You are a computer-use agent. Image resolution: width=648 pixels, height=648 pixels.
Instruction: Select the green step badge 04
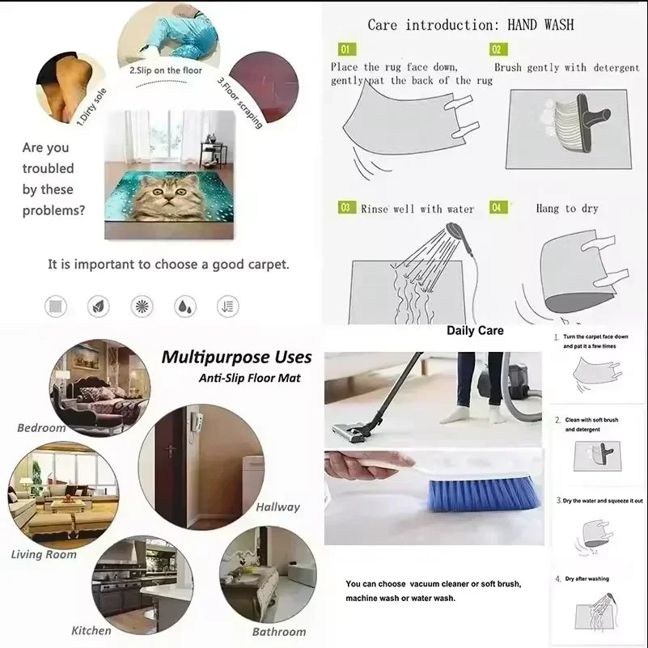tap(499, 208)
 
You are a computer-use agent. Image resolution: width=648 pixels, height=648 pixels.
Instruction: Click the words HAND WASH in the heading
tap(540, 25)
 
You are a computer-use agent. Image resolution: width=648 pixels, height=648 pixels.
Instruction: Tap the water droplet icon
tap(185, 306)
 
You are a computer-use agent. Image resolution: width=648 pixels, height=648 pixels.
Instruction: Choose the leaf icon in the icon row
tap(99, 306)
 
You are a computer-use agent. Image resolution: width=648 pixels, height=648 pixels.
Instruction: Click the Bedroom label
tap(41, 427)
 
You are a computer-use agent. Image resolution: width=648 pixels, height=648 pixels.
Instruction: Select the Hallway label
tap(277, 507)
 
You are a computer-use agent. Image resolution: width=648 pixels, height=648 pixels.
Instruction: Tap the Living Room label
tap(44, 554)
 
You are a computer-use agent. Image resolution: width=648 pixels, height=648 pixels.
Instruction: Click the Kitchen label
tap(91, 630)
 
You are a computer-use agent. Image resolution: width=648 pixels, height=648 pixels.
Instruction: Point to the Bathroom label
tap(279, 632)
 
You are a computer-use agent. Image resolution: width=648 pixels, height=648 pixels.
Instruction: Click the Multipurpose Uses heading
tap(236, 357)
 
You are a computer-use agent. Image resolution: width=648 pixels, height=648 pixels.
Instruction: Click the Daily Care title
tap(475, 330)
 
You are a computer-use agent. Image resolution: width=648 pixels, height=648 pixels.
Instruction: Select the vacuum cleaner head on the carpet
tap(354, 429)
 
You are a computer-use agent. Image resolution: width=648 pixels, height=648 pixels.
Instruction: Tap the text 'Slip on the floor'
tap(167, 70)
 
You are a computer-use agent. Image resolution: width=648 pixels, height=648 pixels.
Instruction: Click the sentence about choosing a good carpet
tap(168, 264)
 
